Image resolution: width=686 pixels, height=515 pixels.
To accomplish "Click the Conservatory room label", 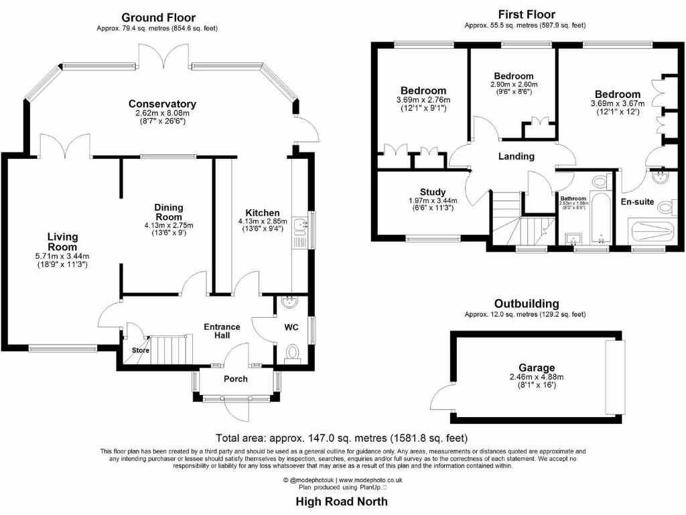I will click(x=162, y=104).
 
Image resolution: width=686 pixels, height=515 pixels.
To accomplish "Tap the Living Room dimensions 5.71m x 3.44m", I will click(x=62, y=256).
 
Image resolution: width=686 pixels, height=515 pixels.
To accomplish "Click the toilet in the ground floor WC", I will click(x=292, y=353).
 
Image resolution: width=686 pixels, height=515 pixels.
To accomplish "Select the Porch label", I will click(x=235, y=379).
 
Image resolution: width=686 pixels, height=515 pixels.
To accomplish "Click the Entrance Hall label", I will click(x=222, y=331).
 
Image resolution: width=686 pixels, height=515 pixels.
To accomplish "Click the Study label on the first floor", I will click(x=433, y=192).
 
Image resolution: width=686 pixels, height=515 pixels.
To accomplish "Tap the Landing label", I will click(x=517, y=156).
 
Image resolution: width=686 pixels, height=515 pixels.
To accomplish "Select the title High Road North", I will click(x=342, y=501).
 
